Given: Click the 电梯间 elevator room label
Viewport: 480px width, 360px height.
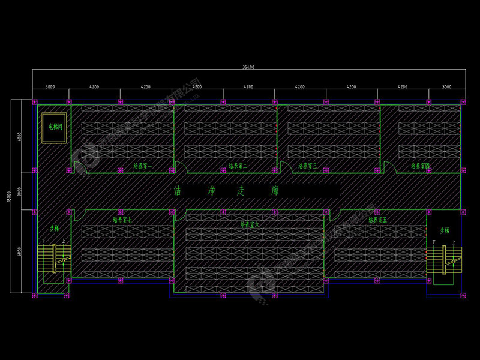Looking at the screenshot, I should [x=52, y=127].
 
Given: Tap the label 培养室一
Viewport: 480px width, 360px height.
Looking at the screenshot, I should [x=143, y=166].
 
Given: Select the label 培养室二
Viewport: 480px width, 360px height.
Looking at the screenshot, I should [x=238, y=166].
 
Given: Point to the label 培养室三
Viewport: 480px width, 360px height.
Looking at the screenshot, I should [x=307, y=166].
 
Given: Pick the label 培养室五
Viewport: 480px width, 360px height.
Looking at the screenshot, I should [x=378, y=220].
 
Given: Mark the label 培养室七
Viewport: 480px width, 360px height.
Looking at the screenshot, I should [x=122, y=220].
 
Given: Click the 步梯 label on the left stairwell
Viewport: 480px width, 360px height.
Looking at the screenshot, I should [x=55, y=229].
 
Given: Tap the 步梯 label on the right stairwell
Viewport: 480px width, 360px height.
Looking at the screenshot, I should [x=445, y=230].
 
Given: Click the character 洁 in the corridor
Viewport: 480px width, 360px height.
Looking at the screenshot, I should [x=178, y=191].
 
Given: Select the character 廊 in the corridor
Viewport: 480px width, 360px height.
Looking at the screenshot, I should [x=275, y=191].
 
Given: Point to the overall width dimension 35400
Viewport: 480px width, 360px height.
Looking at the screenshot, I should [x=248, y=67].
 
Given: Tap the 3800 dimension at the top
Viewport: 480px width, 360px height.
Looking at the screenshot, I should [x=50, y=87].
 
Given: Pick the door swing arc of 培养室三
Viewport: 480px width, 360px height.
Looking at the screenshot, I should [x=286, y=167].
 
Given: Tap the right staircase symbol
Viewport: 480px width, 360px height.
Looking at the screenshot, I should [x=445, y=259].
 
